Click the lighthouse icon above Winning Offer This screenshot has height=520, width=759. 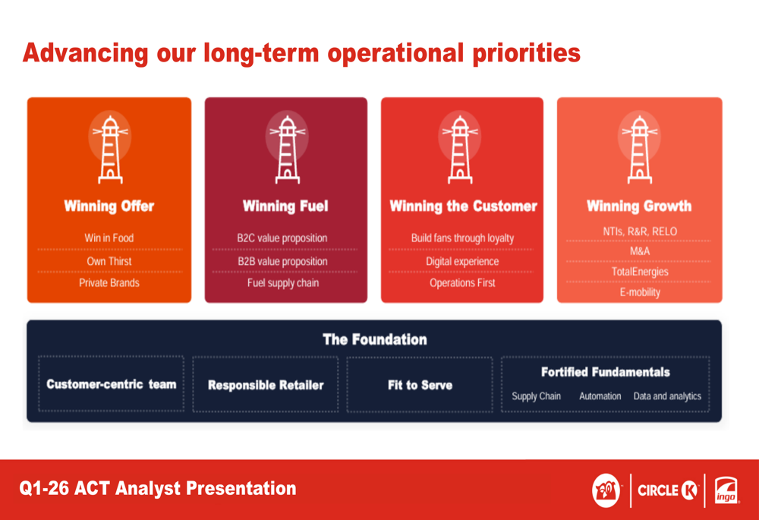(x=110, y=149)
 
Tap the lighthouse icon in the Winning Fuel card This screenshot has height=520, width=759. (x=288, y=149)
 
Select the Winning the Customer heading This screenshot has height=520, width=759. (x=463, y=206)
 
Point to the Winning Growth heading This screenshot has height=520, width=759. (x=639, y=206)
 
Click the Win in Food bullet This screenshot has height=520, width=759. (x=109, y=238)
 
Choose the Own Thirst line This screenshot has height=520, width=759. (x=109, y=261)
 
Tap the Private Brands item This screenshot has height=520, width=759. (x=109, y=282)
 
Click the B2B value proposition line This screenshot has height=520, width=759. (x=282, y=261)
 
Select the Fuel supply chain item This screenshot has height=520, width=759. (x=283, y=283)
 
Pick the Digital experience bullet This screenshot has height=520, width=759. (x=462, y=261)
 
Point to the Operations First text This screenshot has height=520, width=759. (x=462, y=282)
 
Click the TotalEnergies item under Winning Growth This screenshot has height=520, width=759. (x=640, y=272)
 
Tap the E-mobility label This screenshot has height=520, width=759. (x=640, y=292)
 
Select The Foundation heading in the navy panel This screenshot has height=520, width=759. (x=375, y=339)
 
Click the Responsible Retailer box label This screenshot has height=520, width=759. (x=266, y=385)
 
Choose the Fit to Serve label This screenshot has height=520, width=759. (x=420, y=385)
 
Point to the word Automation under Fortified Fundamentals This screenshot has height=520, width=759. (x=600, y=396)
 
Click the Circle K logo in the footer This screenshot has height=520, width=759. (x=668, y=490)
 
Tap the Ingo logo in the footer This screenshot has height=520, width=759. (x=726, y=490)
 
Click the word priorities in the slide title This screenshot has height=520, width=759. (x=526, y=53)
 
